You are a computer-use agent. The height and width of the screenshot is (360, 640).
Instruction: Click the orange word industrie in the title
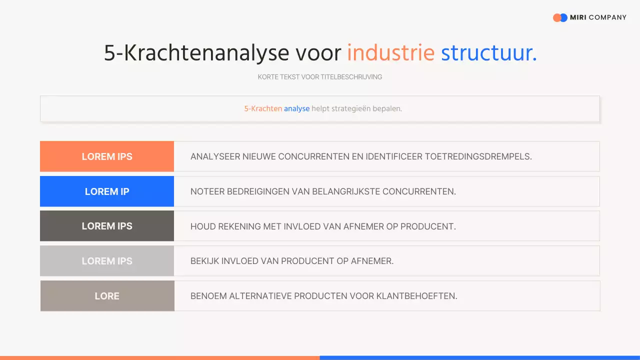click(x=390, y=53)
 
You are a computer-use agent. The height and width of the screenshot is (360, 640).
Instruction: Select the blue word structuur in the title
click(x=488, y=53)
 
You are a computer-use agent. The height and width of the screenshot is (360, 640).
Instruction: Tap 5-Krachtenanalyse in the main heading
click(x=196, y=53)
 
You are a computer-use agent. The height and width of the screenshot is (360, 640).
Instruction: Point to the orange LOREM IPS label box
click(x=107, y=156)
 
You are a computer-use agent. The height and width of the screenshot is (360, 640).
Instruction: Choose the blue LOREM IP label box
click(x=107, y=191)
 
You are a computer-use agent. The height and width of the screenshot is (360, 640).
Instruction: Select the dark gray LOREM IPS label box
click(x=107, y=226)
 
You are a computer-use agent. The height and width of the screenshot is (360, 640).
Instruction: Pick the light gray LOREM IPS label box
click(x=107, y=261)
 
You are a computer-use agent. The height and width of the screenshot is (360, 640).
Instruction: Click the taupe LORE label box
click(x=107, y=296)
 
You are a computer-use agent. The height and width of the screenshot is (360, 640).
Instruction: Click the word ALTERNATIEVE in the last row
click(x=260, y=296)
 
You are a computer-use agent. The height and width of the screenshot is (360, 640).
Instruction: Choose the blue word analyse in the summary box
click(x=296, y=108)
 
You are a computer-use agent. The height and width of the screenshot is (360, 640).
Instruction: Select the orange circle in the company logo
click(x=556, y=17)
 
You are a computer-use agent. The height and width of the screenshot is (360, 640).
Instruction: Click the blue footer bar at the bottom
click(x=479, y=357)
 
